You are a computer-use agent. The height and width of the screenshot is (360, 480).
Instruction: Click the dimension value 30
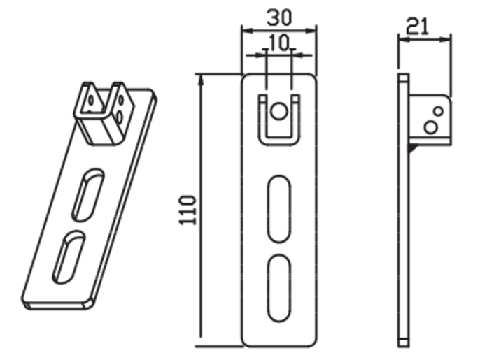tap(279, 17)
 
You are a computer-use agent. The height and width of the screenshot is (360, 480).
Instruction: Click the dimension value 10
tap(279, 43)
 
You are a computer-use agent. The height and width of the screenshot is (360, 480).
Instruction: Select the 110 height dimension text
tap(187, 210)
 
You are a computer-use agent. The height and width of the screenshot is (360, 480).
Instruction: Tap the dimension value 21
tap(418, 27)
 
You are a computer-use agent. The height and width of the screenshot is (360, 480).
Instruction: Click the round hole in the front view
tap(279, 111)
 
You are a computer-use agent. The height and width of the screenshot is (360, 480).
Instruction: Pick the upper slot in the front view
tap(279, 209)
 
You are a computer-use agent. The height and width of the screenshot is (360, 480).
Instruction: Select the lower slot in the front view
tap(279, 288)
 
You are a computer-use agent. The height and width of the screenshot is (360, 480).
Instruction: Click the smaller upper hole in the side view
tap(438, 111)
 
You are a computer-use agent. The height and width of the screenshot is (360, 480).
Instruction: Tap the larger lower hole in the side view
tap(431, 127)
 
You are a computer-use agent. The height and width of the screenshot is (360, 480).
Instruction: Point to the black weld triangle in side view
tap(412, 148)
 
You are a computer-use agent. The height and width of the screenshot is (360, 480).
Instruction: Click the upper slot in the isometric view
tap(88, 194)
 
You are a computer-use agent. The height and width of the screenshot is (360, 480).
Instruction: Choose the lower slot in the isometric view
tap(69, 257)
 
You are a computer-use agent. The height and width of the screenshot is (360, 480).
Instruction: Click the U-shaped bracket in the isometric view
tap(104, 113)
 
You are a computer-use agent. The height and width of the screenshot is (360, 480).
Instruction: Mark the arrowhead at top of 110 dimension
tap(201, 80)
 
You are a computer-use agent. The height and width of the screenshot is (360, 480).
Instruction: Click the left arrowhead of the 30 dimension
tap(247, 31)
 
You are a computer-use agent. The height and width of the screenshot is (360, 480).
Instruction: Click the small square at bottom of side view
tap(404, 343)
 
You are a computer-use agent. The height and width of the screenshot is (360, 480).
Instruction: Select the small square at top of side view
tap(404, 78)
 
